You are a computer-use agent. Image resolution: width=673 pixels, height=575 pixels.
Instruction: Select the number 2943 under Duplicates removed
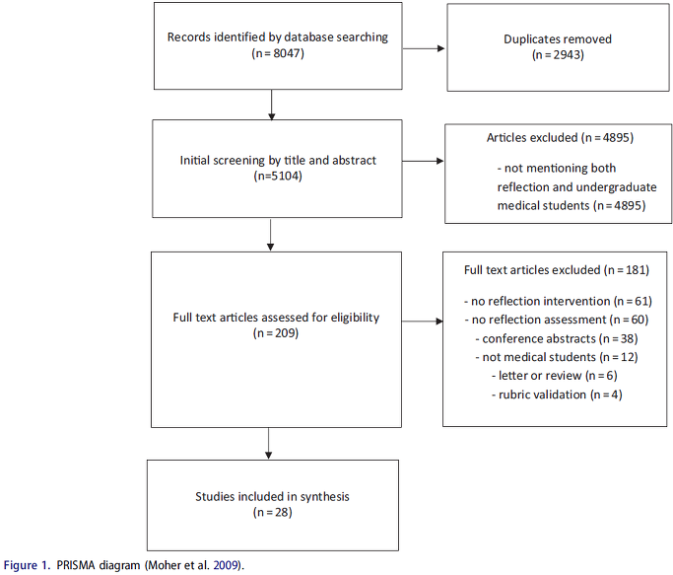(x=567, y=55)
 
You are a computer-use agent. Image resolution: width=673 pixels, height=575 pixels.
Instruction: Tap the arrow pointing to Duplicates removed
(x=423, y=48)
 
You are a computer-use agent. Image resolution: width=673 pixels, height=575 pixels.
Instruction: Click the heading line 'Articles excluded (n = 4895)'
(x=560, y=137)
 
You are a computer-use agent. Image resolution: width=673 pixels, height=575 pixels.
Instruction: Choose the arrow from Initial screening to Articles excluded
(x=423, y=161)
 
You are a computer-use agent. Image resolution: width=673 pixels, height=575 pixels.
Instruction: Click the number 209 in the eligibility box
(x=286, y=333)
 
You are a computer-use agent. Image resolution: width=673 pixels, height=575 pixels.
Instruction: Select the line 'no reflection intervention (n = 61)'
(x=558, y=301)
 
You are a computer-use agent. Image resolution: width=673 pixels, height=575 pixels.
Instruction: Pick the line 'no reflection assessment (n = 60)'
(x=557, y=320)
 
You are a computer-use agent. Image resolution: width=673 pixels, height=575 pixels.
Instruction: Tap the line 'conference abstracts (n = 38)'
(x=557, y=338)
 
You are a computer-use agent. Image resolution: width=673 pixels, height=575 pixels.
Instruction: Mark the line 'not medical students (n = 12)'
(x=557, y=357)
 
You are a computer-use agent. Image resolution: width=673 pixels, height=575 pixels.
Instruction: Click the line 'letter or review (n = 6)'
(x=555, y=376)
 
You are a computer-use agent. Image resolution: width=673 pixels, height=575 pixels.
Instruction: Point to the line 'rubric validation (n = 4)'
(x=557, y=395)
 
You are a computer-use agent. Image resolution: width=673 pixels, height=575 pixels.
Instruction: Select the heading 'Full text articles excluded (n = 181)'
(x=557, y=270)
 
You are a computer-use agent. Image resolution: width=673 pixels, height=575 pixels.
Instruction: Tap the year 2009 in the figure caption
(x=226, y=565)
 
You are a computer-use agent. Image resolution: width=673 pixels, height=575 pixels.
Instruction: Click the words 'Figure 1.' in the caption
(x=27, y=565)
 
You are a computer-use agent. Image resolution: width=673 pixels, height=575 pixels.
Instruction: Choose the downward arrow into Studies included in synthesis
(x=269, y=444)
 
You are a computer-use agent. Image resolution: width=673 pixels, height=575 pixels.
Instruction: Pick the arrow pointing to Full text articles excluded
(x=423, y=321)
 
